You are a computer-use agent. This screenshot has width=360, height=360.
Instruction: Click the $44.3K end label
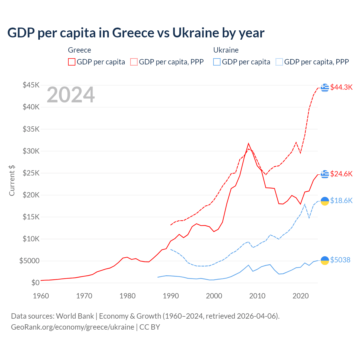[341, 87]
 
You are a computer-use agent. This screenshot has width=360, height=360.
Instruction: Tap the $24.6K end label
[341, 174]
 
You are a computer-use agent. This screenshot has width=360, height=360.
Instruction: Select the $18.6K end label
[341, 201]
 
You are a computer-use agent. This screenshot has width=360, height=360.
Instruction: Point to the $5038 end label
[340, 260]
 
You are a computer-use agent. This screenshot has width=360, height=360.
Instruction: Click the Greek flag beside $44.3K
[325, 88]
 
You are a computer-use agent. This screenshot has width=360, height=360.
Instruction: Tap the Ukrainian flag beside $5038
[325, 260]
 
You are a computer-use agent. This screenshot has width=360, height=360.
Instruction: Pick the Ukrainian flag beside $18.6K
[325, 201]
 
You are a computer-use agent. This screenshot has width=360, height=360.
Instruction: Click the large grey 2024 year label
[71, 95]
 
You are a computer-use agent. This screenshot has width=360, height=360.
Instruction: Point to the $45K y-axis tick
[31, 85]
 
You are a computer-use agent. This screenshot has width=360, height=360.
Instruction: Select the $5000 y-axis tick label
[29, 261]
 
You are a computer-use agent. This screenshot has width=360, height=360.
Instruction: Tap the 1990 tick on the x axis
[171, 296]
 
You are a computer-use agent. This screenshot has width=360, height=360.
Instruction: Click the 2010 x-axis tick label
[257, 296]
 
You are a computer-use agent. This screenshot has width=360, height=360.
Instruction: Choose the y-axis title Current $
[12, 181]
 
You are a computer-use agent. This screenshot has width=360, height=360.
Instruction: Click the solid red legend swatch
[72, 62]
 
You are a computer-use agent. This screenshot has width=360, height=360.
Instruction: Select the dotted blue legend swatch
[279, 62]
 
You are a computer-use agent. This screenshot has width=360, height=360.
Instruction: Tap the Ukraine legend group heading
[226, 50]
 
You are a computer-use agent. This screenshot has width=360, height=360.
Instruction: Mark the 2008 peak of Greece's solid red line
[248, 143]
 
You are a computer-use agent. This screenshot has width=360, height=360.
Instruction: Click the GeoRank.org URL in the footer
[73, 327]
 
